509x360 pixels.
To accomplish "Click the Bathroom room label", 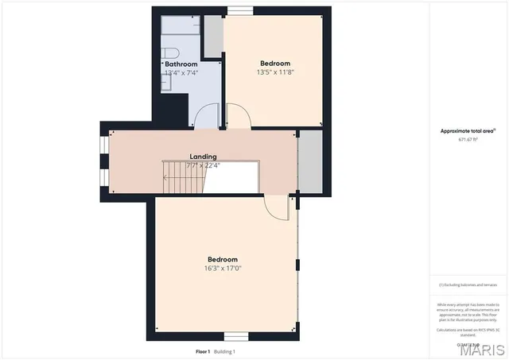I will pyautogui.click(x=181, y=64).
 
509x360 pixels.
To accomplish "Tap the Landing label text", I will pyautogui.click(x=203, y=157).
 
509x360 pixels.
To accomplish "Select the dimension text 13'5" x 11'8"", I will pyautogui.click(x=274, y=72).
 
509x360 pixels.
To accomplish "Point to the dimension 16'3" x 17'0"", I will pyautogui.click(x=223, y=269).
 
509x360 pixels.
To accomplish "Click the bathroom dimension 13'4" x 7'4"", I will pyautogui.click(x=181, y=72).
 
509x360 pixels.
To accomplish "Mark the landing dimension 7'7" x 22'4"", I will pyautogui.click(x=202, y=165).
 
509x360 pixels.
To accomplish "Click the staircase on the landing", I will pyautogui.click(x=184, y=176).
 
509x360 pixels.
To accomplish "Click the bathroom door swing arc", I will pyautogui.click(x=208, y=116).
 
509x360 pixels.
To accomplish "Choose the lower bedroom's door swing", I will pyautogui.click(x=278, y=208).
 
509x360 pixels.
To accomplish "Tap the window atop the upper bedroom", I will pyautogui.click(x=239, y=10).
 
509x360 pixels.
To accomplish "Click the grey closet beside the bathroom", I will pyautogui.click(x=212, y=36).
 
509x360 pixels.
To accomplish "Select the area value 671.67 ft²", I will pyautogui.click(x=469, y=139).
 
